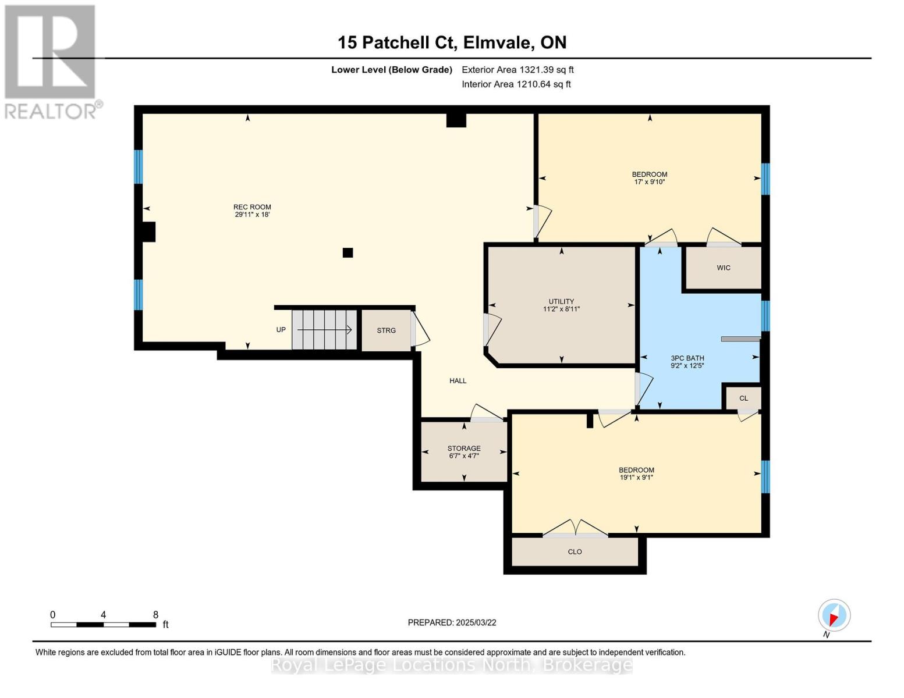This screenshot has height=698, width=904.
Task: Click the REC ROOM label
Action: click(252, 207)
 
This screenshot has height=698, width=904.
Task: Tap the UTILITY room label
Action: click(561, 301)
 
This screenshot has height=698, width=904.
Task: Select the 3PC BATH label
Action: click(687, 358)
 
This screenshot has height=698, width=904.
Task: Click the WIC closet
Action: click(723, 268)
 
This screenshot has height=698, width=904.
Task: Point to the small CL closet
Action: click(743, 398)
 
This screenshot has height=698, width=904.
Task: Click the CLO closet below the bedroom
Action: click(575, 551)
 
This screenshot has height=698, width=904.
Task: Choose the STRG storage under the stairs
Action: click(386, 330)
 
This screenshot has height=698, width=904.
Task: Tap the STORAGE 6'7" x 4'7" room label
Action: click(464, 452)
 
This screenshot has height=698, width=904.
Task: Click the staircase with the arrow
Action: click(324, 330)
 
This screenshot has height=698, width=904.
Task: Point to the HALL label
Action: click(458, 381)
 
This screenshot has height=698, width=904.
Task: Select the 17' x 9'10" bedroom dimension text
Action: click(650, 182)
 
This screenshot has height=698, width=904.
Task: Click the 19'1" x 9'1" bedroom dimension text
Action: click(636, 478)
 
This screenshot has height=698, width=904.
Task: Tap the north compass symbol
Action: click(834, 615)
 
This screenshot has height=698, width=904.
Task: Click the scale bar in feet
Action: click(104, 625)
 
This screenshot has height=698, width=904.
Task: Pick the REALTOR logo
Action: click(51, 61)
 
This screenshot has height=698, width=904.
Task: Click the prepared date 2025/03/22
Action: click(452, 622)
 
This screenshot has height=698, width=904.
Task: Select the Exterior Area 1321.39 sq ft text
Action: click(517, 70)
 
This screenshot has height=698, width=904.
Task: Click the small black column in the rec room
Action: click(348, 252)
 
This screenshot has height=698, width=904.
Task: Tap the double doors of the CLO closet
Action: click(575, 528)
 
